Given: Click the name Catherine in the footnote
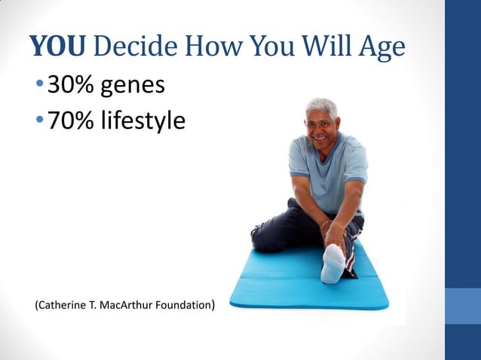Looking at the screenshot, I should pos(63,306).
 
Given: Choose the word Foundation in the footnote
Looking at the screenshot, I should pos(185,306).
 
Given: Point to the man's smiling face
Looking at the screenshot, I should pos(323,130).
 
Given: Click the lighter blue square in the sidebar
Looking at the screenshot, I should pos(463,306).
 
